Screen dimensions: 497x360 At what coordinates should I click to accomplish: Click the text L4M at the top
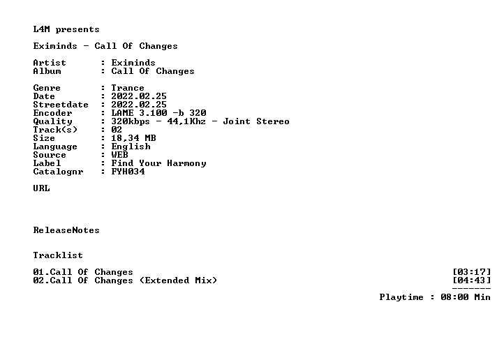tap(41, 29)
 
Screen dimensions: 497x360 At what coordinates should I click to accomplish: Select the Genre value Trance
tap(128, 88)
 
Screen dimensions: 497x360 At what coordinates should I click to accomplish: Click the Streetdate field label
tap(61, 105)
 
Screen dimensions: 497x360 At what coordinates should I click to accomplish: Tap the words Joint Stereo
tap(256, 121)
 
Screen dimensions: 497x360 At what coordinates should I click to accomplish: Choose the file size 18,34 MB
tap(133, 138)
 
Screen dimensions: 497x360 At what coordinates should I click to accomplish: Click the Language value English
tap(131, 147)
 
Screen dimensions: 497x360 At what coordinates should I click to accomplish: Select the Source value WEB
tap(120, 155)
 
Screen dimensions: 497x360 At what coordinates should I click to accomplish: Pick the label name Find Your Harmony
tap(158, 163)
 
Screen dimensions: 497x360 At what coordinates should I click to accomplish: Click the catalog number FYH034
tap(128, 172)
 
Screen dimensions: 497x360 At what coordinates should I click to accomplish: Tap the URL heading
tap(41, 188)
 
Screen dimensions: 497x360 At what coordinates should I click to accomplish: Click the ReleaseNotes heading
tap(66, 230)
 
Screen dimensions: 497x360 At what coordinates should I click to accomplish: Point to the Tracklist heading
tap(58, 255)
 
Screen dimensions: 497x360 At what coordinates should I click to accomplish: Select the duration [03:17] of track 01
tap(472, 272)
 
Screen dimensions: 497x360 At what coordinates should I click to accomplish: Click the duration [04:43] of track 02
tap(472, 280)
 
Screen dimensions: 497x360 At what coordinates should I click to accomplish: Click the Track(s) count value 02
tap(117, 130)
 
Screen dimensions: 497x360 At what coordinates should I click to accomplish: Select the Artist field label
tap(50, 63)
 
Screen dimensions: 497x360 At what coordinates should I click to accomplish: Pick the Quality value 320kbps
tap(131, 121)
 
